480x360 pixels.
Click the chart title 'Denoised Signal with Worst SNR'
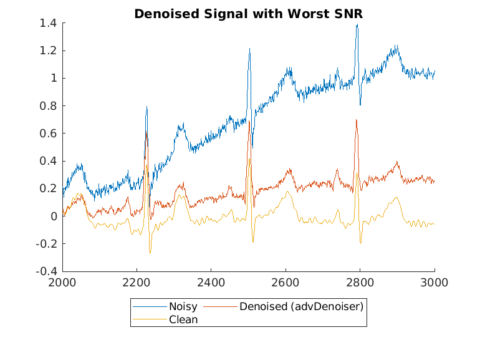[248, 13]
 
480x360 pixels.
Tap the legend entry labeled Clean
[183, 319]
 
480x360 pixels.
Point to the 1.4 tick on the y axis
[49, 23]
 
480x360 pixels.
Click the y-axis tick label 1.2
[49, 51]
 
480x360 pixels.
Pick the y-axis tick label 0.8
[49, 106]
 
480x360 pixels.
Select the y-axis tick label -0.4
[47, 271]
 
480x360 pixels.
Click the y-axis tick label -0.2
[47, 244]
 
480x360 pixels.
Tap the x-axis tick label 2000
[62, 283]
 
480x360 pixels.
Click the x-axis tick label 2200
[137, 283]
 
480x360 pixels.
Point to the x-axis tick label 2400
[211, 283]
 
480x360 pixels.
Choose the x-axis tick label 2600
[286, 283]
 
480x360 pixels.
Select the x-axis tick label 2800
[360, 283]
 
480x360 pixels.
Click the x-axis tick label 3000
[434, 283]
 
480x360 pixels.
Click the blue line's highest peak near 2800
[357, 24]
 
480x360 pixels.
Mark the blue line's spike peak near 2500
[249, 48]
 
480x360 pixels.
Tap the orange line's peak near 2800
[356, 120]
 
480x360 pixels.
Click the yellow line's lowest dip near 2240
[150, 253]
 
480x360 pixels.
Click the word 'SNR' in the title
[348, 13]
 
